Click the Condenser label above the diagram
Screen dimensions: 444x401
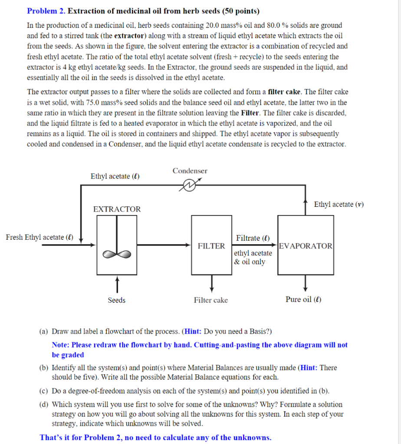[x=190, y=171]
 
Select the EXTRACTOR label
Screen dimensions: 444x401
[x=117, y=209]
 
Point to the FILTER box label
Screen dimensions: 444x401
[x=211, y=246]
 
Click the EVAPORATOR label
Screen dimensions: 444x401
[x=306, y=246]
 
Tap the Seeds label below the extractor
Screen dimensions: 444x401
[x=116, y=300]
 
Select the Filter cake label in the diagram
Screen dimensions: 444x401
[x=211, y=300]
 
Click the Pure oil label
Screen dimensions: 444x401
[x=303, y=300]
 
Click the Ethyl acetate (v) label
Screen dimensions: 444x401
[x=339, y=204]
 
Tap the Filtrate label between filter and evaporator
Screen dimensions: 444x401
[x=253, y=238]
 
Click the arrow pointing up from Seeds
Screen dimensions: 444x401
[x=116, y=284]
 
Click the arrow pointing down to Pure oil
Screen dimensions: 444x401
[x=306, y=284]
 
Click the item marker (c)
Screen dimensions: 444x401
[x=43, y=391]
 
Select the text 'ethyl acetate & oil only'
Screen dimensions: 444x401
[x=253, y=258]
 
